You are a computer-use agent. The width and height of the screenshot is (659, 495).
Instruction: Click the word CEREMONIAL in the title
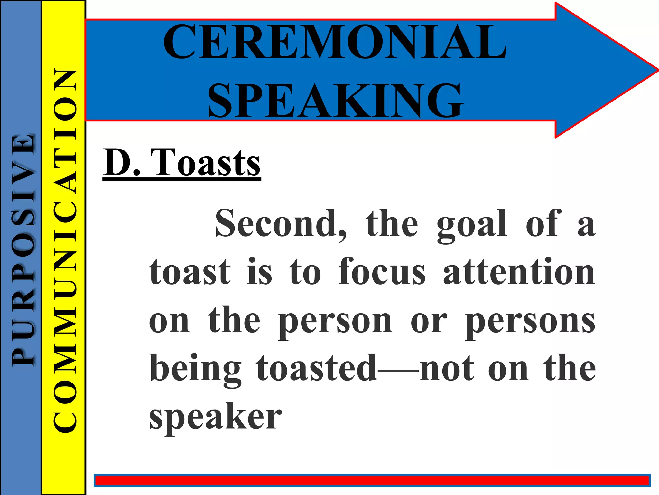tap(335, 42)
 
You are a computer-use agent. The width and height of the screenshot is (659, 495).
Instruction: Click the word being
tap(195, 369)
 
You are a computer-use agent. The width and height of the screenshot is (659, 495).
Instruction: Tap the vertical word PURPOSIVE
tap(23, 250)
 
